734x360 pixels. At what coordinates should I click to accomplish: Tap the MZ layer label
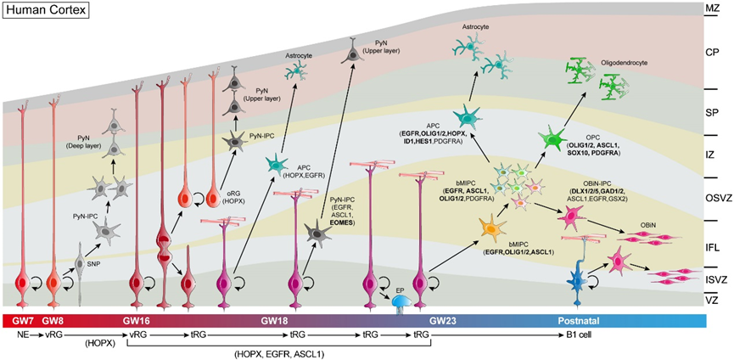pos(713,8)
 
